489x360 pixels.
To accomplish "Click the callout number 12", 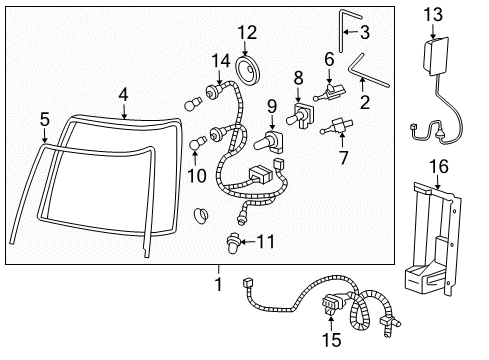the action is tap(247, 33).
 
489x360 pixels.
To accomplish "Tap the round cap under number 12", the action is tap(247, 71).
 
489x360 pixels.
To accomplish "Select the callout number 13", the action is tap(433, 15).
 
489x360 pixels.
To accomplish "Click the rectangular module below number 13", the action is tap(436, 56).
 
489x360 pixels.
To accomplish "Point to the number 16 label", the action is tap(439, 166).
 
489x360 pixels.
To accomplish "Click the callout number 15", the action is tap(331, 340).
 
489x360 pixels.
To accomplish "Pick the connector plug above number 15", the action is tap(331, 305).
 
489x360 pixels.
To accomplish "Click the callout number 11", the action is tap(266, 241).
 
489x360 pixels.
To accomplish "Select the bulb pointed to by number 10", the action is tap(194, 144).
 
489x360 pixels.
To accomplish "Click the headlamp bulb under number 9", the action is tap(269, 142).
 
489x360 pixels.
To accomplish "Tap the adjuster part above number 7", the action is tap(336, 127).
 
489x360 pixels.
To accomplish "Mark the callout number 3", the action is tap(365, 32).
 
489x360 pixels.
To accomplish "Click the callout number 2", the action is tap(365, 102).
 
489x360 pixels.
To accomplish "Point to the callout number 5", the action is tap(45, 119).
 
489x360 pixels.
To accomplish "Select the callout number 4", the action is tap(123, 95).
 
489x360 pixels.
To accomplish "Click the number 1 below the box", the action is tap(218, 284).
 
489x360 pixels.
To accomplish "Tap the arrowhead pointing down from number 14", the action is tap(219, 81).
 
